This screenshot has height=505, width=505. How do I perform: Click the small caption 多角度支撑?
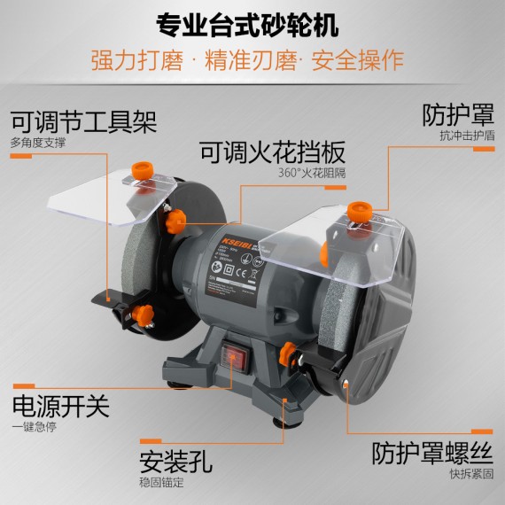pyautogui.click(x=39, y=142)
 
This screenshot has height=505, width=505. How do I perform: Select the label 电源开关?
pyautogui.click(x=60, y=407)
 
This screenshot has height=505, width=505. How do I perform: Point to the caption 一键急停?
pyautogui.click(x=34, y=427)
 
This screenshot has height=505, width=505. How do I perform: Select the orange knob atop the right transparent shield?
pyautogui.click(x=358, y=212)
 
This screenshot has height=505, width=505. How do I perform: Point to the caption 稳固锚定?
pyautogui.click(x=161, y=484)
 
